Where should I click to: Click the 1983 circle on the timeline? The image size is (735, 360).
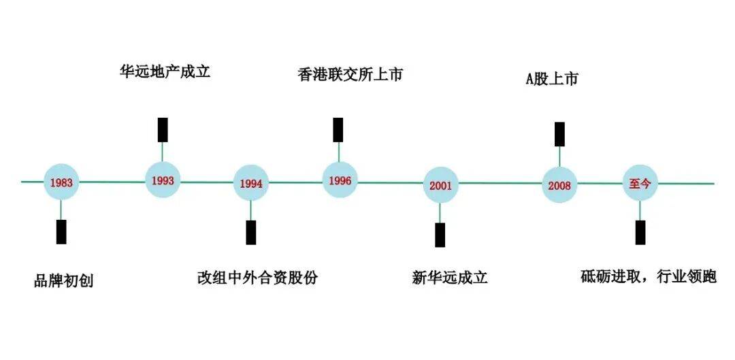(x=61, y=182)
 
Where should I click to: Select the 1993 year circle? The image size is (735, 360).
(x=163, y=180)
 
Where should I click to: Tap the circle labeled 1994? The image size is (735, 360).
(x=250, y=183)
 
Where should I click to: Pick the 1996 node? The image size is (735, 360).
(x=340, y=180)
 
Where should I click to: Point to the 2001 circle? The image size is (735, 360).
(x=440, y=186)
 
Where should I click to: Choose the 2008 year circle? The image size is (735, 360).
(x=559, y=185)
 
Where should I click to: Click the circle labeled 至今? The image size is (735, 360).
(x=640, y=183)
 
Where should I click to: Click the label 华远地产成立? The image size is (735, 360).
(x=165, y=71)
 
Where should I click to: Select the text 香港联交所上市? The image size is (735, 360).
(x=350, y=75)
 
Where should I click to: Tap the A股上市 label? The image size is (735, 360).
(x=552, y=79)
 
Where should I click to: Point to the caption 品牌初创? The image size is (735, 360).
(x=64, y=281)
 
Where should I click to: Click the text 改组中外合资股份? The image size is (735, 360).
(x=257, y=278)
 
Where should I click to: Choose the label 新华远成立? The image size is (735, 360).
(x=450, y=278)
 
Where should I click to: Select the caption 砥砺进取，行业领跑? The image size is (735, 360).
(x=649, y=277)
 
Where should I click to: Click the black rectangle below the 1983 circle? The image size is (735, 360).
(x=61, y=231)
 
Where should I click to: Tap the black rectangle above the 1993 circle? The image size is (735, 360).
(x=163, y=129)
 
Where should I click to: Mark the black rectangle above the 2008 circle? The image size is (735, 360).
(x=559, y=134)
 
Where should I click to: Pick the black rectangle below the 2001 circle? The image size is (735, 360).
(x=440, y=235)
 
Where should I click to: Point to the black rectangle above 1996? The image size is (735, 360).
(x=338, y=129)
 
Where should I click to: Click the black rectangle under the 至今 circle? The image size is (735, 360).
(x=640, y=232)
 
